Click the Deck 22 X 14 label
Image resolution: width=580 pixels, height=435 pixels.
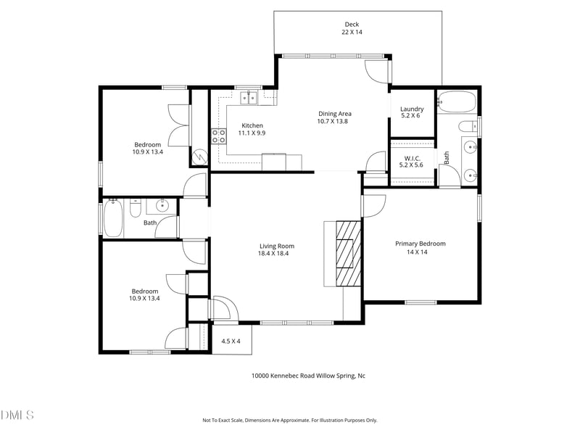pos(352,28)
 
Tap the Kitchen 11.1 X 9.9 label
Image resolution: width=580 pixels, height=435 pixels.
pos(252,129)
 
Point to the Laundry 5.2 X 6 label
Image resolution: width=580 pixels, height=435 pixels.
pos(412,112)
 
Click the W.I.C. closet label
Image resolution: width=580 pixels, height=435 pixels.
pos(411,161)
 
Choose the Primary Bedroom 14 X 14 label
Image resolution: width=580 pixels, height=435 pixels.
pos(420,247)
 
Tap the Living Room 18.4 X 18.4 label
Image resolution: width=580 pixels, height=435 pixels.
pos(276,249)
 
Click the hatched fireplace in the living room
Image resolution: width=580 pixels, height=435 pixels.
pos(347,254)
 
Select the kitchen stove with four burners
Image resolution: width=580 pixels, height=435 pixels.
pos(218,137)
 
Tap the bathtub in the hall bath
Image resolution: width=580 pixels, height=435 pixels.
pos(112,218)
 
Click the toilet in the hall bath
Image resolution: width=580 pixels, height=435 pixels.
pos(135,210)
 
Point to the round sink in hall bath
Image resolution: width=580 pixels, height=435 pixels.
pos(162,206)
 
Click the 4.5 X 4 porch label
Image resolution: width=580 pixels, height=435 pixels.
pos(231,341)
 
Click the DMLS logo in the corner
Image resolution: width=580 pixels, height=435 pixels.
pos(17,415)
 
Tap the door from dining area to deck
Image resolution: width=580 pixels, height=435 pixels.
pos(376,70)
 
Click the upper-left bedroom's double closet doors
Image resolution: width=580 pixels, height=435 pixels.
pos(178,125)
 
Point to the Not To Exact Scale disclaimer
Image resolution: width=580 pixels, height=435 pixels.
pos(289,420)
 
